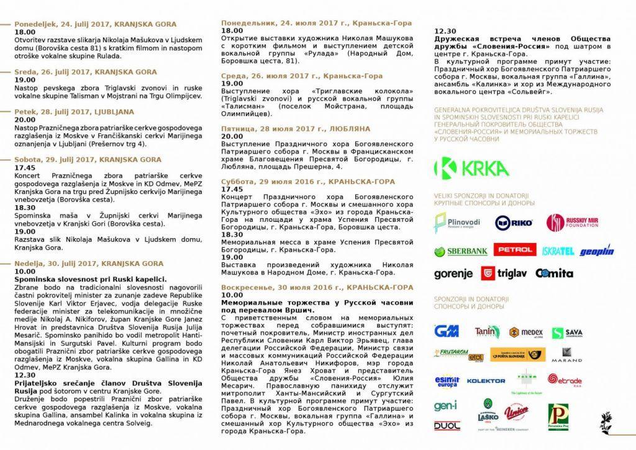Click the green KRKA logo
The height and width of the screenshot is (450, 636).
coord(471,168)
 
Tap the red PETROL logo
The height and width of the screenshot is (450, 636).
coord(514,250)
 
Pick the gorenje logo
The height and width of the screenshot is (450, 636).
coord(454,273)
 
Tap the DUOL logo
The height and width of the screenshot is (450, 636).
coord(447,426)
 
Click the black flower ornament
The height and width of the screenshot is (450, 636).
coord(606,422)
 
